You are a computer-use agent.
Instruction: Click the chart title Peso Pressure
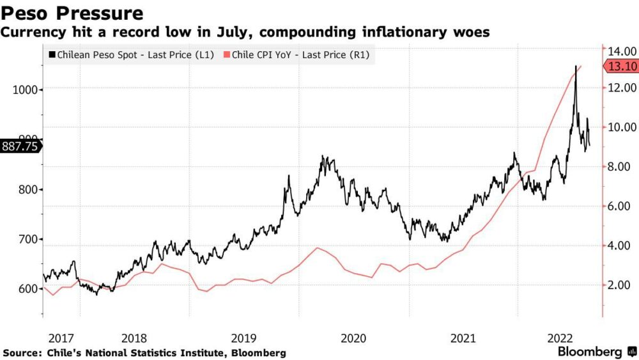click(72, 13)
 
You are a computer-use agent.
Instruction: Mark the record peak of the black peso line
click(576, 66)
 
